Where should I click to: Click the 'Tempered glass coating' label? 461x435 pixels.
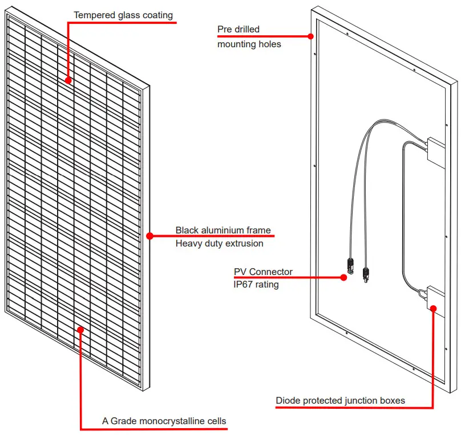pos(123,15)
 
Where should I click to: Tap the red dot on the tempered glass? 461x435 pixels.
pos(68,80)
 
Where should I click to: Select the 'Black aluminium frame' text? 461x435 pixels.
pos(223,231)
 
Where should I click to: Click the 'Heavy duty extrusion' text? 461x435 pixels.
pos(219,244)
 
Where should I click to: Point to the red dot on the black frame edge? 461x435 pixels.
pos(150,236)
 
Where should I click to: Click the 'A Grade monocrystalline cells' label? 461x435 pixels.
pos(164,421)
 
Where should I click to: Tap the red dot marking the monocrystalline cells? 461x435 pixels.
pos(80,329)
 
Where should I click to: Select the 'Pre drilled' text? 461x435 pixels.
pos(238,29)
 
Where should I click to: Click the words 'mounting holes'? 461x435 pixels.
pos(249,44)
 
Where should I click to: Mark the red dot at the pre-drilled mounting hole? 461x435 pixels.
pos(311,36)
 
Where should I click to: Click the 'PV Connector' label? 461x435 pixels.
pos(263,272)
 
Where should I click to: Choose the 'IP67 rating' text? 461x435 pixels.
pos(256,284)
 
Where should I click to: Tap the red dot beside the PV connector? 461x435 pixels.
pos(343,278)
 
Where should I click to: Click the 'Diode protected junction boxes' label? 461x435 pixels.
pos(340,401)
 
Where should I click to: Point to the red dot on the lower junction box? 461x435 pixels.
pos(434,309)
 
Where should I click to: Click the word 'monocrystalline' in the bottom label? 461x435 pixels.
pos(171,421)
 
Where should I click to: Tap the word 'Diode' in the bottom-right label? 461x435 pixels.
pos(288,401)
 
